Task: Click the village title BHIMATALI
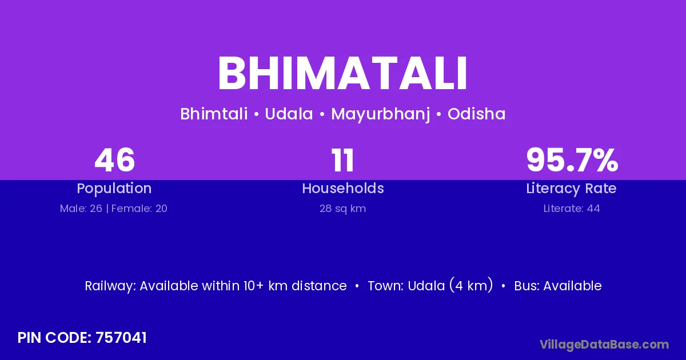tap(342, 73)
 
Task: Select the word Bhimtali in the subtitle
tap(214, 114)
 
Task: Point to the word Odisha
tap(476, 114)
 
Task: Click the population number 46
tap(114, 160)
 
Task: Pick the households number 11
tap(342, 160)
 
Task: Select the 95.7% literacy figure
tap(572, 160)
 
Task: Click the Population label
tap(114, 189)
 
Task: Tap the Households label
tap(342, 188)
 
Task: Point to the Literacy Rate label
tap(571, 189)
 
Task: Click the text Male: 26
tap(81, 209)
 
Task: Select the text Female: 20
tap(139, 209)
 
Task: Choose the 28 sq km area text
tap(342, 209)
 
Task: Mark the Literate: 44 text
tap(572, 209)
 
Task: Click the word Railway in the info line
tap(110, 286)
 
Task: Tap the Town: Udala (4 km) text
tap(430, 285)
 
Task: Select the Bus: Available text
tap(558, 286)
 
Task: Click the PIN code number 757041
tap(121, 338)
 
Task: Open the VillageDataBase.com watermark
tap(604, 345)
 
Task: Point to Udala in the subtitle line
tap(289, 114)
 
